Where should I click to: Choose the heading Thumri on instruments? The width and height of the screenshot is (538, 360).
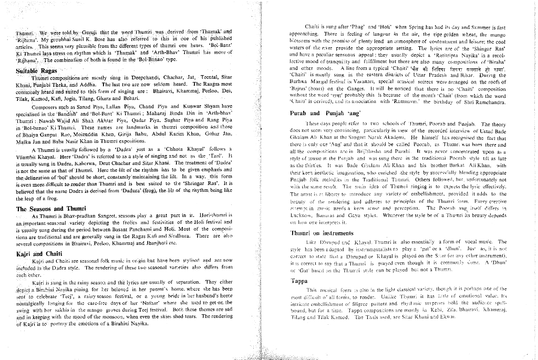click(x=322, y=233)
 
